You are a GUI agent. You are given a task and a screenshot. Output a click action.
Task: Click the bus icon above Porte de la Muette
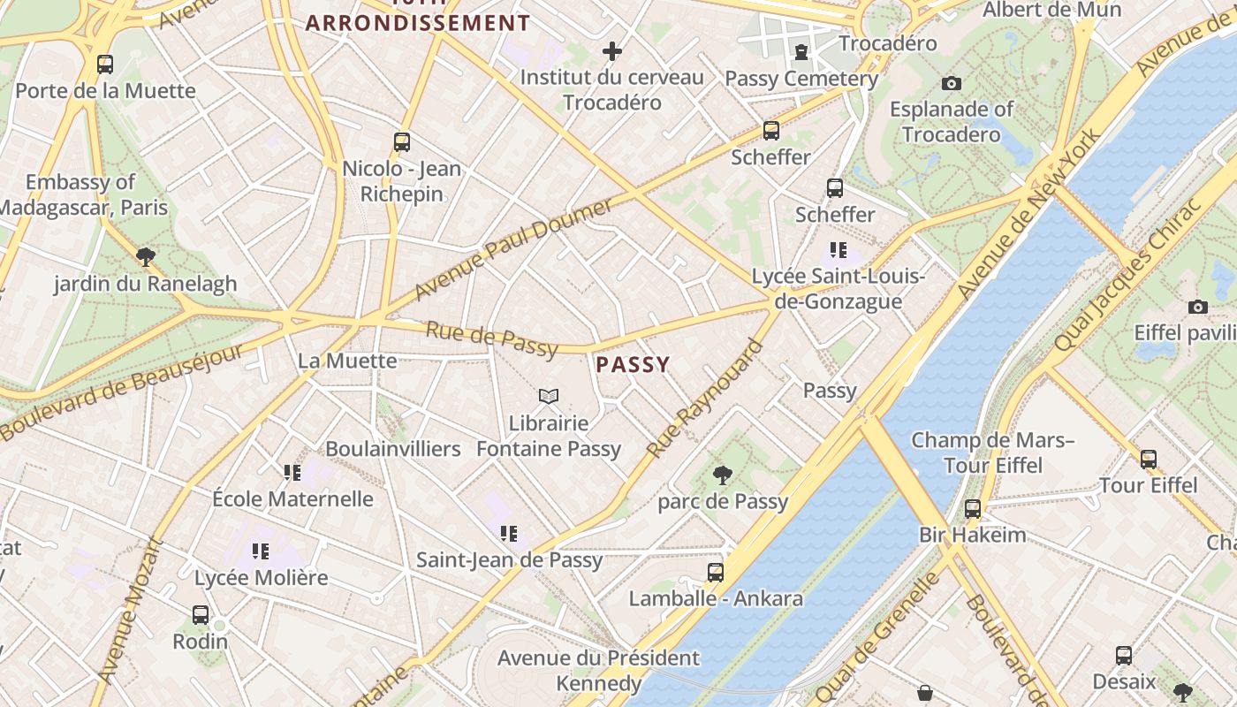pos(105,65)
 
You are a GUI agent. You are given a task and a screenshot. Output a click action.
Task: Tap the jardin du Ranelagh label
pos(146,284)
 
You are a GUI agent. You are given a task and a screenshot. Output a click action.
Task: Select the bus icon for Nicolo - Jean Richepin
pos(402,142)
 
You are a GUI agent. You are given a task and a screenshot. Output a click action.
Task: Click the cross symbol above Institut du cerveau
pos(611,51)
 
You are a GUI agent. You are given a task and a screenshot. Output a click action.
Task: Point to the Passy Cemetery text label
pos(801,79)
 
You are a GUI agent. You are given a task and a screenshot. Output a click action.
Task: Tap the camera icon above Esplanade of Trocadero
pos(951,84)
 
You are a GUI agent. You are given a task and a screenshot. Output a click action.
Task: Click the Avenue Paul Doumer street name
pos(513,249)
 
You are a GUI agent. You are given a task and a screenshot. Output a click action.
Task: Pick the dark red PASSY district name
pos(633,364)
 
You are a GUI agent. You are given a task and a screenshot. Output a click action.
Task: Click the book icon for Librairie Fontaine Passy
pos(549,397)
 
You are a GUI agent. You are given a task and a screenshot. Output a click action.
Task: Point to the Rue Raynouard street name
pos(704,399)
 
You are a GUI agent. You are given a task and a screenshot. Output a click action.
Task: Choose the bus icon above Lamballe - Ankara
pos(716,573)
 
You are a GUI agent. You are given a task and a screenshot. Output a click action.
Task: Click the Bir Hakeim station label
pos(973,535)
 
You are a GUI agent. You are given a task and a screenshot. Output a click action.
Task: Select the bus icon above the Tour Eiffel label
pos(1148,460)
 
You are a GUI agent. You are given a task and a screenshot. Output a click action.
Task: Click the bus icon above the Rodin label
pos(201,615)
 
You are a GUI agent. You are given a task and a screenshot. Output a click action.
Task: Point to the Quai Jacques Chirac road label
pos(1127,275)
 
